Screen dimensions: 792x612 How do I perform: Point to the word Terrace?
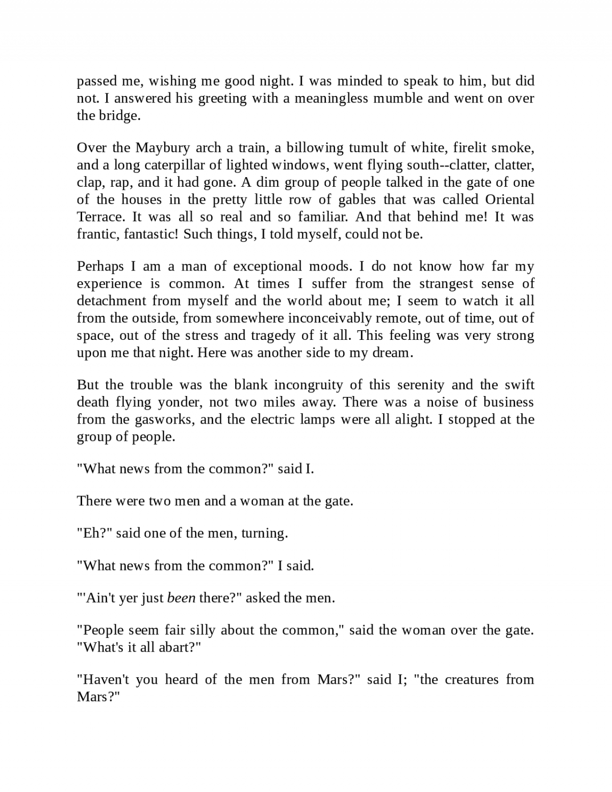click(100, 217)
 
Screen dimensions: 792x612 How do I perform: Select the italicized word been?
click(181, 598)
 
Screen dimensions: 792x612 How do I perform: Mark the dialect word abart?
click(176, 648)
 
